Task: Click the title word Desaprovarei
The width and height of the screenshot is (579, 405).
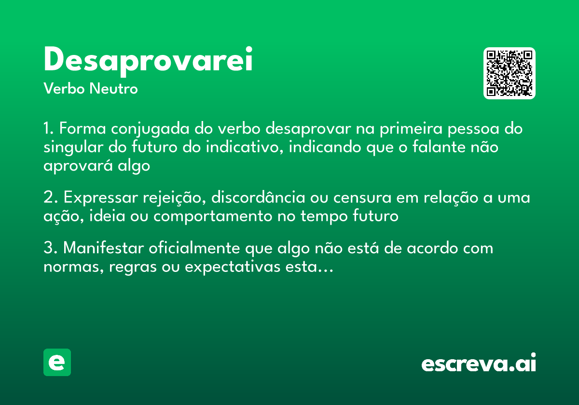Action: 148,61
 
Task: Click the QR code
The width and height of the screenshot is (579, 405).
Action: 509,73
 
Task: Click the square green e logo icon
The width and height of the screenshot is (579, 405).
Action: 57,362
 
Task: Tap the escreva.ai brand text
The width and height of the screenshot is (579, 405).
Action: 479,364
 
